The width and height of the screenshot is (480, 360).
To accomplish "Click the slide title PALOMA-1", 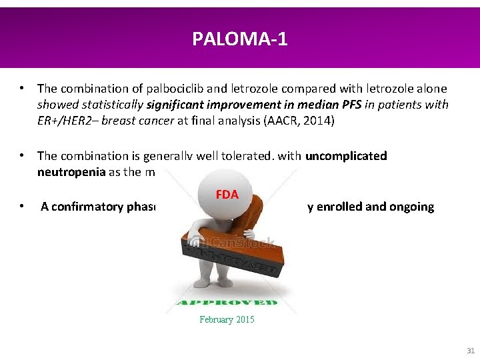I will [x=240, y=39].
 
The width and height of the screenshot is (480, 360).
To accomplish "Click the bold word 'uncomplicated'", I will [x=346, y=156].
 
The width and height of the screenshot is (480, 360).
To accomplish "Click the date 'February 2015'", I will [x=227, y=320].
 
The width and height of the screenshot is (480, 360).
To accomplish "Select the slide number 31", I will [x=470, y=351].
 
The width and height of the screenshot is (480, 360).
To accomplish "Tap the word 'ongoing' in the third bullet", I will [x=411, y=207].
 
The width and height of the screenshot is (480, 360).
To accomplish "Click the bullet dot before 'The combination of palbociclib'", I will [x=23, y=88].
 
